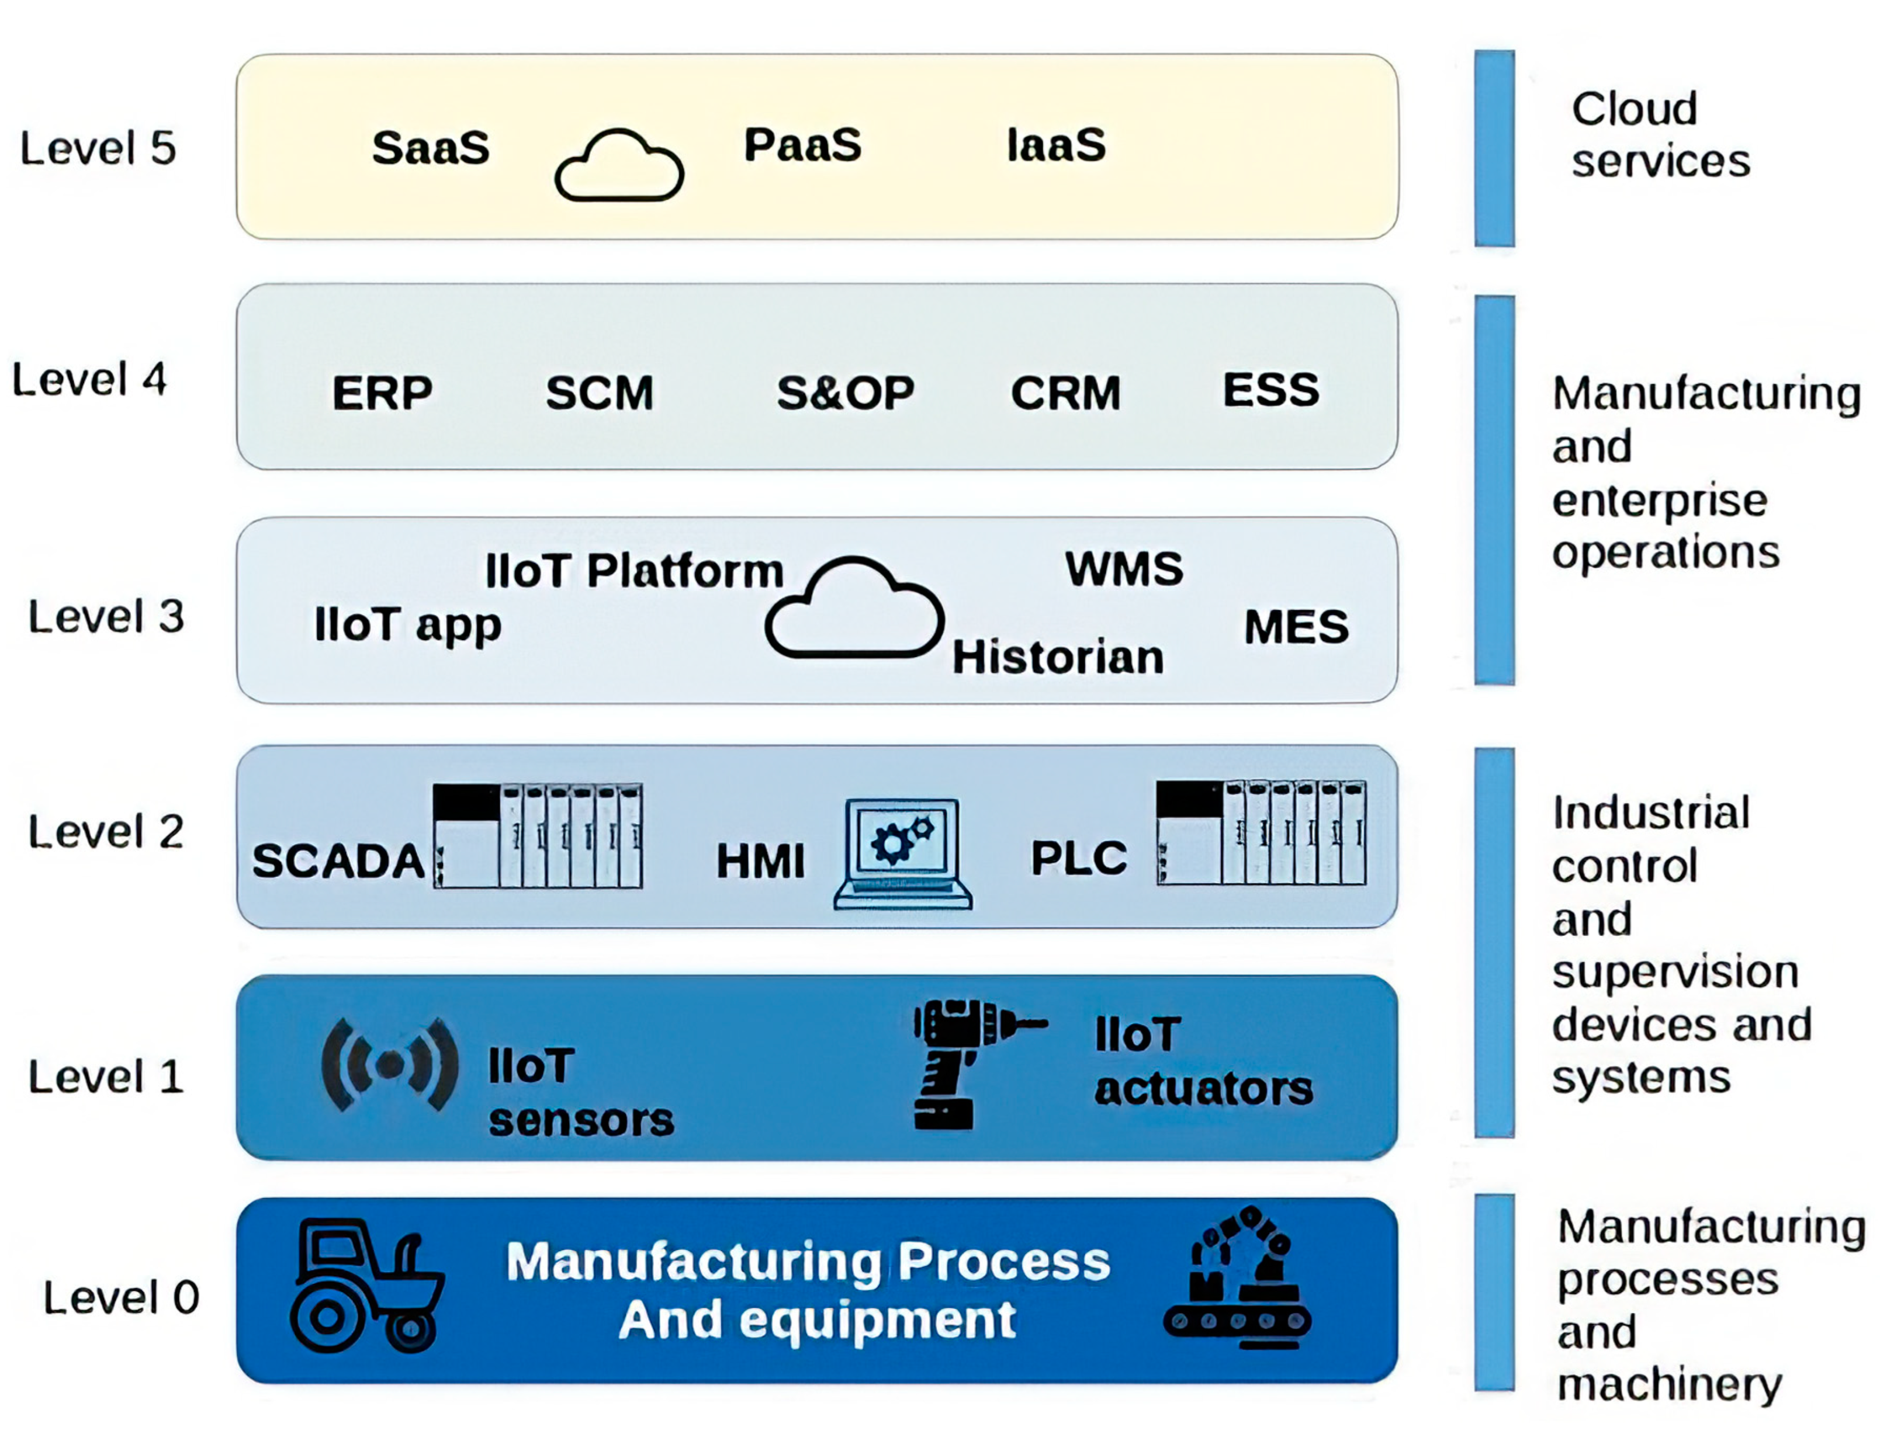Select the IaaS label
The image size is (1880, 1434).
click(1056, 144)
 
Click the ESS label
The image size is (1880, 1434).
click(1270, 390)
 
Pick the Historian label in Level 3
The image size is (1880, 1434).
click(1058, 657)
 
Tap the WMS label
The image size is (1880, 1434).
click(1124, 568)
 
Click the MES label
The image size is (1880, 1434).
click(1296, 627)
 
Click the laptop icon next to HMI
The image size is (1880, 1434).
click(902, 853)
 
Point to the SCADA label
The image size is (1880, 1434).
click(338, 860)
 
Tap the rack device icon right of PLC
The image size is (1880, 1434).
click(1261, 832)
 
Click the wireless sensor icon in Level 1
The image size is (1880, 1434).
click(389, 1064)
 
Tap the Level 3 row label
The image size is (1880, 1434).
click(106, 616)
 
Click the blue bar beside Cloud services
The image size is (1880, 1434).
click(1494, 148)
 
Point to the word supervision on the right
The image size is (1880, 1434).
click(1675, 972)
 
